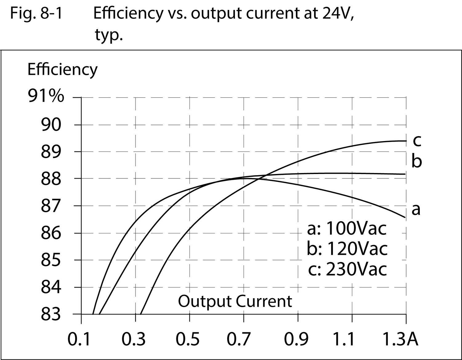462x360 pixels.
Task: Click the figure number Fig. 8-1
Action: point(36,14)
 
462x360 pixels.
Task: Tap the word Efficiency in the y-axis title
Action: point(62,69)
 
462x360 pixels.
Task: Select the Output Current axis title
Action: point(235,301)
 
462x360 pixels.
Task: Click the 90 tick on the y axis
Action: point(51,125)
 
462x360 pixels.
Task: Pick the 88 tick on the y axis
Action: point(51,179)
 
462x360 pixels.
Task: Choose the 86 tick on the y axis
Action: point(51,233)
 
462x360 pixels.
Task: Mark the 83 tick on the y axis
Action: point(51,314)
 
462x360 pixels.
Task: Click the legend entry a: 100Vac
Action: point(346,229)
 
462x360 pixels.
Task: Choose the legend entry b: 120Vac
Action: point(347,249)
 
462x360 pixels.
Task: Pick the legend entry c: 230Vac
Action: point(347,269)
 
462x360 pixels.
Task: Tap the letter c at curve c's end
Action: point(417,141)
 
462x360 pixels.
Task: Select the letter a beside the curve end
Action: point(416,209)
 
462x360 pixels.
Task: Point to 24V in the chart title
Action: point(338,14)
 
